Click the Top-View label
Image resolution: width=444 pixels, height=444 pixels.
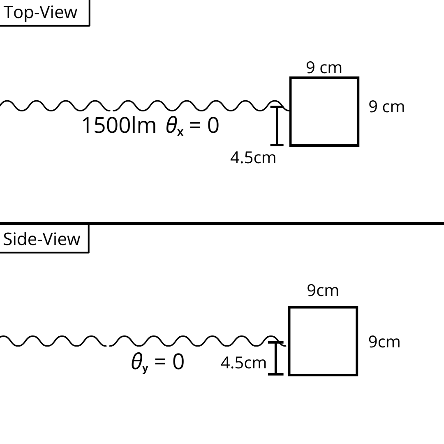[40, 12]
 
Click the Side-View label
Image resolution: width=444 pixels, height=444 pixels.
[42, 239]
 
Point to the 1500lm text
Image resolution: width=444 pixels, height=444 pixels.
[119, 125]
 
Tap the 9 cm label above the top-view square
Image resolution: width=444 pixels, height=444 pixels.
[324, 68]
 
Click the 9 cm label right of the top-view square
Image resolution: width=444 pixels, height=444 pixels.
[386, 107]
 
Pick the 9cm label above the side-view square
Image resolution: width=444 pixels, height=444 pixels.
[323, 291]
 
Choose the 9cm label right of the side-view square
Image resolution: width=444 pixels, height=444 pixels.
[384, 342]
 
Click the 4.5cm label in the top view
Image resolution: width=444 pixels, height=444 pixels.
[253, 158]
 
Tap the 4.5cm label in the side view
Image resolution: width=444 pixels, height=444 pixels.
[243, 363]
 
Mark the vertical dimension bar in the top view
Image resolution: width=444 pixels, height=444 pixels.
[277, 126]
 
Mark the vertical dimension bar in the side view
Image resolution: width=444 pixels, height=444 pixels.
[276, 358]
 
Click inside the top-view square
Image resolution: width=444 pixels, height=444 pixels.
[324, 111]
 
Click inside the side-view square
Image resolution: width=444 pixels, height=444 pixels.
[323, 341]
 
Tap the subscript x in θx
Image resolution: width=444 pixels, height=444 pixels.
[180, 133]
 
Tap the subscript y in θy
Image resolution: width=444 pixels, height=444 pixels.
[145, 368]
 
